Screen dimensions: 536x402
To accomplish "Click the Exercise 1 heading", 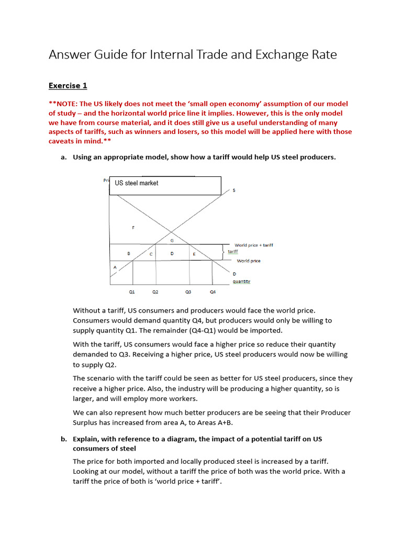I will [64, 85].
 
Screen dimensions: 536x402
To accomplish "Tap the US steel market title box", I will [165, 185].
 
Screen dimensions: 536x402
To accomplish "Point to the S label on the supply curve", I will [233, 190].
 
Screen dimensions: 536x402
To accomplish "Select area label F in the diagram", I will [133, 227].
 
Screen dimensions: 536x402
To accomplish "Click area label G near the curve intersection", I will [172, 240].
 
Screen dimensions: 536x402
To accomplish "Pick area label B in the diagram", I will [129, 253].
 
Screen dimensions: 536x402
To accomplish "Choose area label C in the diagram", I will [151, 253].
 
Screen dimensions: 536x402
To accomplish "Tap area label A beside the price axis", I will [115, 267].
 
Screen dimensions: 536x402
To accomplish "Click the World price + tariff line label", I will [253, 245].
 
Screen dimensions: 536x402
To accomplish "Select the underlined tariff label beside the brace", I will [232, 251].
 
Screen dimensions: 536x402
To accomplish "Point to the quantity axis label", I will [241, 281].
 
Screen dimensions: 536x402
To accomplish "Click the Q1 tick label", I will [132, 292].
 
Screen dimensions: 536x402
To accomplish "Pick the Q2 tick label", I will [155, 292].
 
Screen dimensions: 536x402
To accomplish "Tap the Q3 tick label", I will [188, 292].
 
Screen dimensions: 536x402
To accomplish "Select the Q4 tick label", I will [212, 292].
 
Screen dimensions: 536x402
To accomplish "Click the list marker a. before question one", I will [64, 157].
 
